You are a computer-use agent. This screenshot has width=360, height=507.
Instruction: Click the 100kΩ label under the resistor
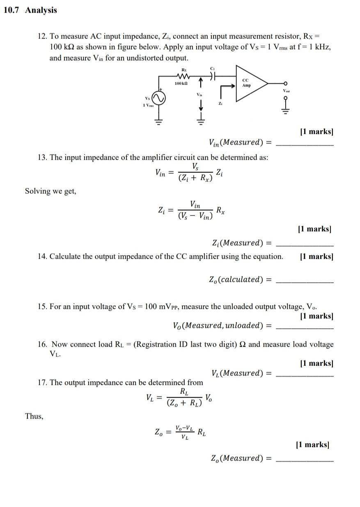pyautogui.click(x=181, y=83)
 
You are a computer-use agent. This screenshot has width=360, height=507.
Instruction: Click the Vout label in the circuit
pyautogui.click(x=285, y=90)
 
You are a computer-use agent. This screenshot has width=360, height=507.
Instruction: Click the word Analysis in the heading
pyautogui.click(x=41, y=10)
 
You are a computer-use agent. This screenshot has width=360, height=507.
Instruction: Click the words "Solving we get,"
pyautogui.click(x=50, y=191)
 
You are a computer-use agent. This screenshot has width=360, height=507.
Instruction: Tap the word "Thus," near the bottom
pyautogui.click(x=34, y=416)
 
